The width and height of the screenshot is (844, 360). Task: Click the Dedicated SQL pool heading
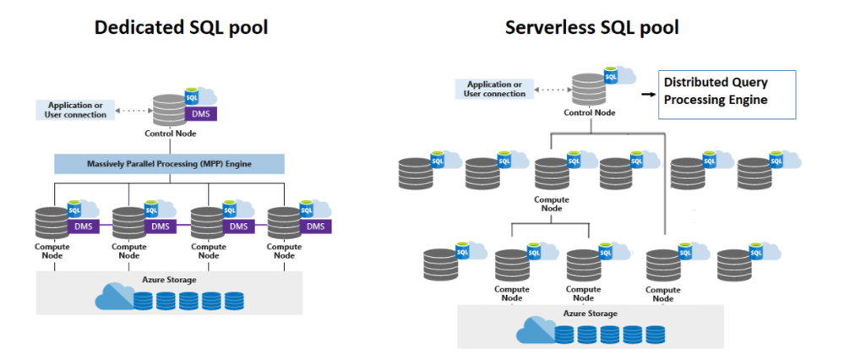(x=181, y=27)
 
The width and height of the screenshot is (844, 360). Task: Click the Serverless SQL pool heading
(x=591, y=27)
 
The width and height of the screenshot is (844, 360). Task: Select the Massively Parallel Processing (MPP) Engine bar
(x=169, y=163)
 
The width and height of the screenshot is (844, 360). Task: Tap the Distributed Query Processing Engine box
(x=727, y=92)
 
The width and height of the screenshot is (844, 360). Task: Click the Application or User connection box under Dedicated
(x=77, y=109)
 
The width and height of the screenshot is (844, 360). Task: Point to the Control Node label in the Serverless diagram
(x=589, y=112)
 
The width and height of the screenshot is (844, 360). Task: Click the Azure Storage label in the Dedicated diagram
(x=171, y=280)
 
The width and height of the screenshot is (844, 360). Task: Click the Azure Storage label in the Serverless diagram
(x=590, y=314)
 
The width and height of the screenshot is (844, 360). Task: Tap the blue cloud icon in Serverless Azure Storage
(x=535, y=330)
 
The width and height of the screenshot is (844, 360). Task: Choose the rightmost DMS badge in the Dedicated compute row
(x=315, y=226)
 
